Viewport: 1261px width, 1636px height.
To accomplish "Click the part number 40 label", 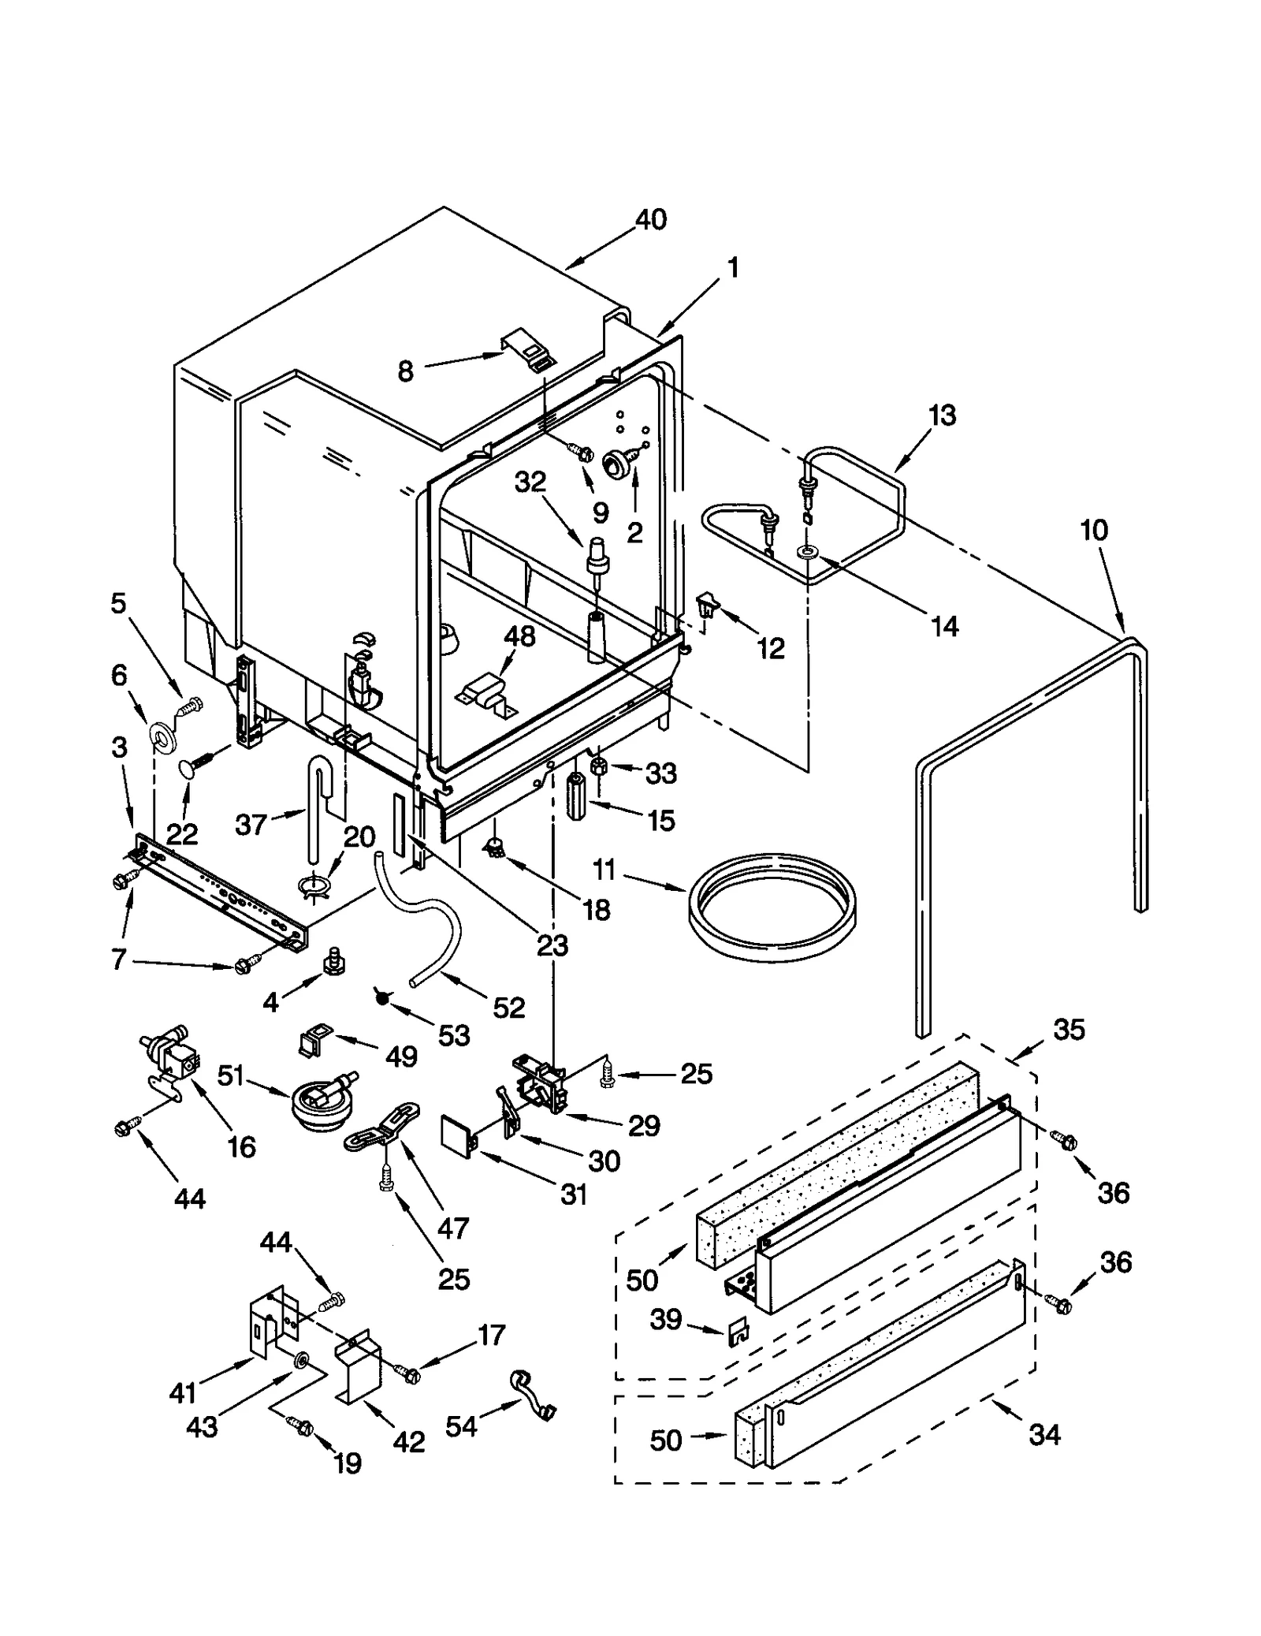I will click(651, 219).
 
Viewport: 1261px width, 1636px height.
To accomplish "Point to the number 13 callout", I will click(942, 415).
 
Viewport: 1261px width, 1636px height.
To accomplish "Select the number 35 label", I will click(1069, 1029).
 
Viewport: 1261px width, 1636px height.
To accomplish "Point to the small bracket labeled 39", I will click(738, 1332).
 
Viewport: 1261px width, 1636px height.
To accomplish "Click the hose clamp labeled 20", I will click(314, 888).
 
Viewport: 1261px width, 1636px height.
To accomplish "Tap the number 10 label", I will click(1093, 530).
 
